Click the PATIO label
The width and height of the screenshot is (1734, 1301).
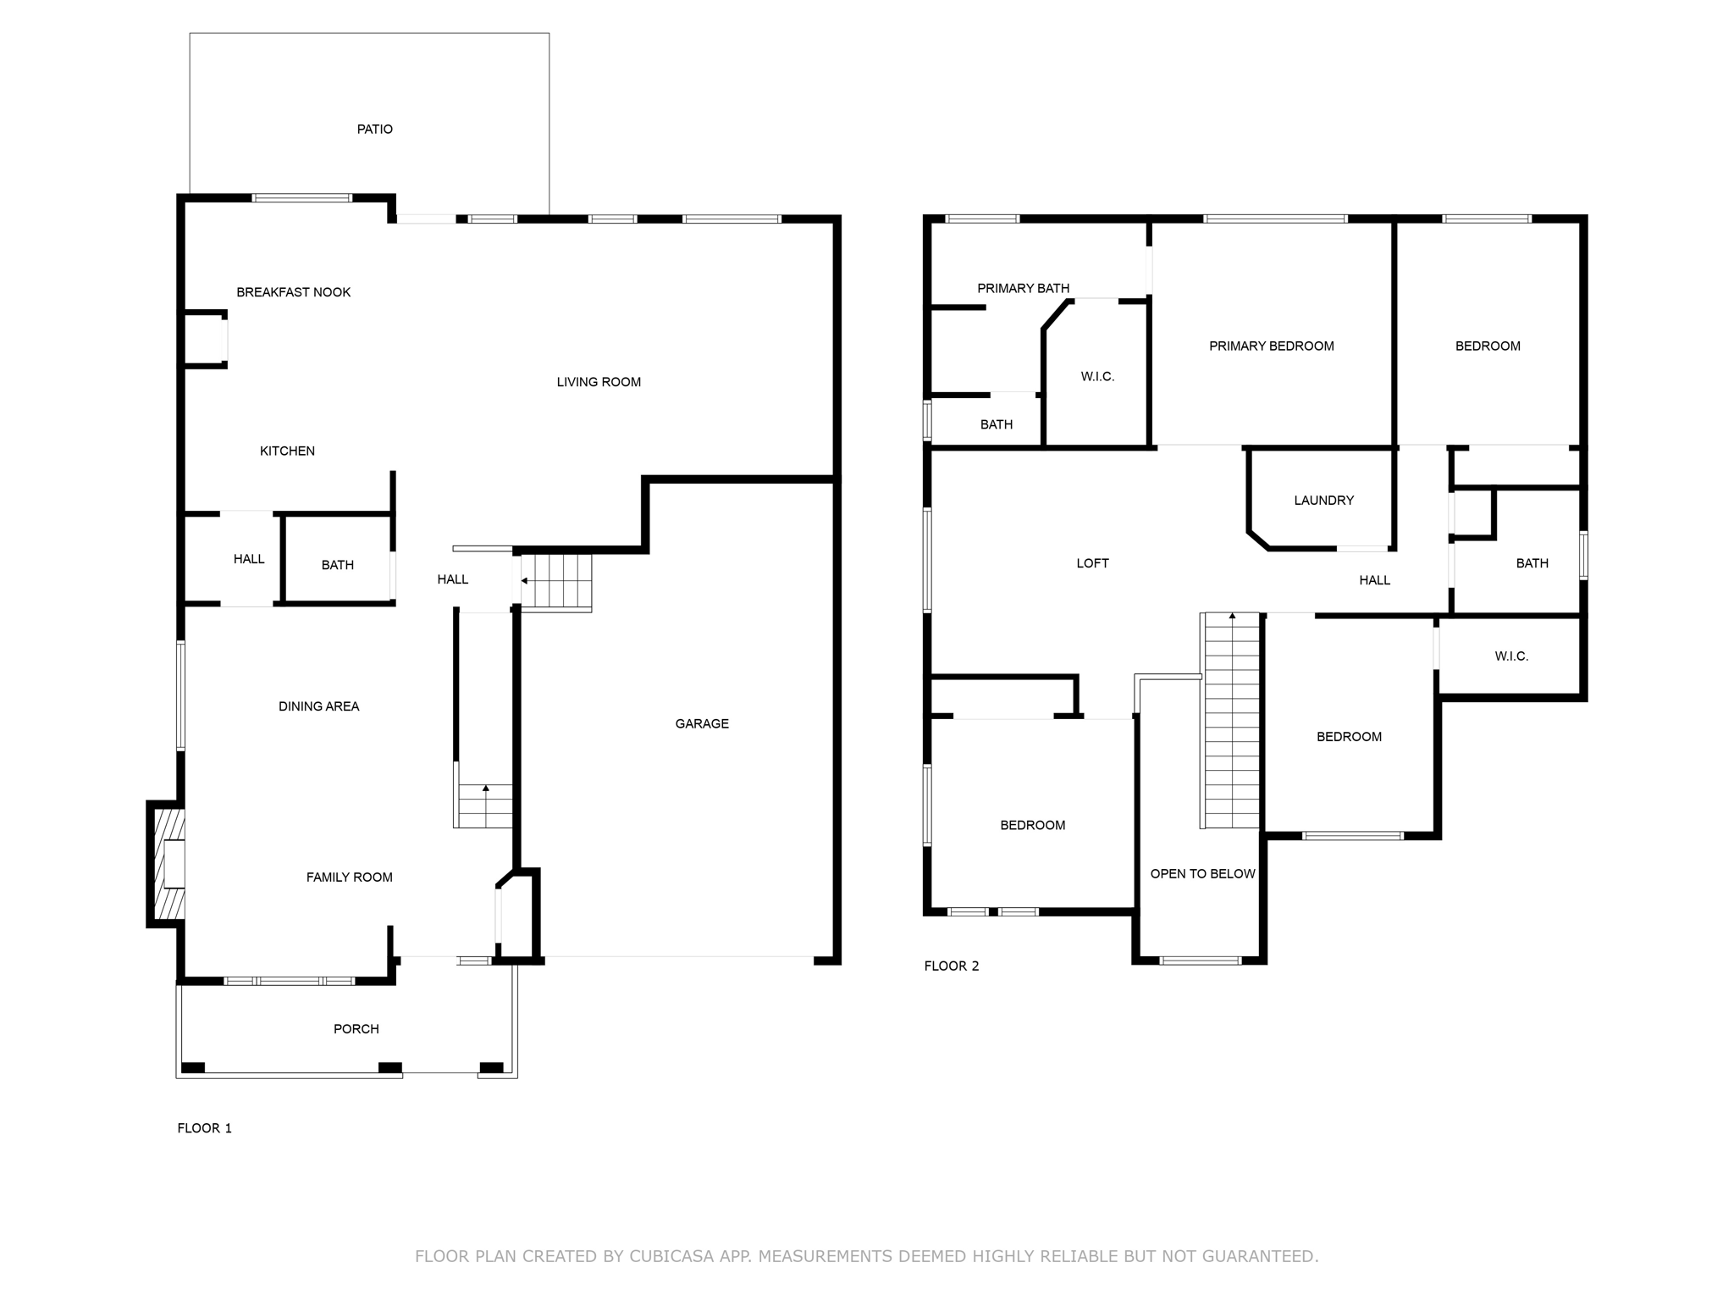tap(374, 129)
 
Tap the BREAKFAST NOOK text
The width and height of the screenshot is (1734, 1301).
tap(293, 292)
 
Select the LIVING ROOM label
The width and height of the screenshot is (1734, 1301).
tap(599, 382)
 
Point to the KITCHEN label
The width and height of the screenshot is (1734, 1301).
tap(287, 451)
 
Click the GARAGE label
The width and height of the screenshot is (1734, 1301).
tap(702, 723)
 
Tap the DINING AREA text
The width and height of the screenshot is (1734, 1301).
tap(318, 706)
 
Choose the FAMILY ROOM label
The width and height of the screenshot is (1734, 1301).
tap(349, 877)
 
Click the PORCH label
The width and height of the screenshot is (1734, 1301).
tap(356, 1029)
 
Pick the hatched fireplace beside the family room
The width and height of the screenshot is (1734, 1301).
tap(167, 864)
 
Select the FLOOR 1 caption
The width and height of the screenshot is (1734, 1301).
tap(204, 1128)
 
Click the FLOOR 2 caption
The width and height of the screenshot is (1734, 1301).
tap(952, 966)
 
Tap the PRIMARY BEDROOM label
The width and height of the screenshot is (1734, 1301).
tap(1271, 346)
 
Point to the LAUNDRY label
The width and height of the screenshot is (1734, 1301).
tap(1323, 501)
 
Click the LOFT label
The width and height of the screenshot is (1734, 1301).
tap(1092, 563)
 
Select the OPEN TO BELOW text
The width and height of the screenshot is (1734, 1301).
tap(1202, 874)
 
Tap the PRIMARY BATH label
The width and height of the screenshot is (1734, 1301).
tap(1023, 289)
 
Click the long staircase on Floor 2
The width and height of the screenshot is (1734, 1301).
tap(1232, 720)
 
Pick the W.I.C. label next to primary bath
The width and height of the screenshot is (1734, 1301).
tap(1097, 377)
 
